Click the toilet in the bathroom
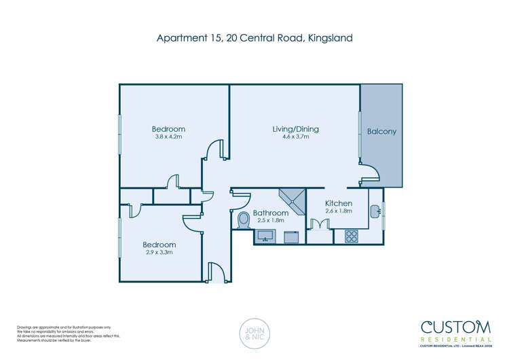(x=244, y=220)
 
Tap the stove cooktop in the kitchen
(x=352, y=236)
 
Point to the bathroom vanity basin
(x=265, y=236)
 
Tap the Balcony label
(x=381, y=131)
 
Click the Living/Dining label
(x=295, y=129)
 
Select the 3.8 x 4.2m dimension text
(x=168, y=137)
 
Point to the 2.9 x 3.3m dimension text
(x=159, y=253)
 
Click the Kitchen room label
(x=338, y=204)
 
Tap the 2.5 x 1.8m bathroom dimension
(x=269, y=221)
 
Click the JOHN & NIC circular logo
(x=254, y=332)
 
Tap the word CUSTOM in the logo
(x=456, y=326)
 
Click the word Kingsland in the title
(x=330, y=38)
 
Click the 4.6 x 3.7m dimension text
(x=295, y=137)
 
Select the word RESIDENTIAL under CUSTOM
(x=456, y=339)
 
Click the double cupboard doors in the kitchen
(x=318, y=226)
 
